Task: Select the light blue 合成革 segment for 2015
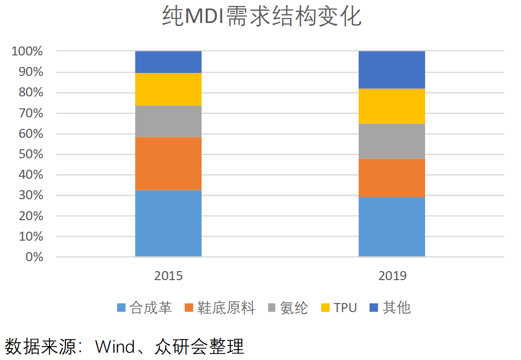[168, 223]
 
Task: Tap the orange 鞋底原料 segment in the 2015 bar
[168, 163]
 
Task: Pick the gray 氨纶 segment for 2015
[168, 121]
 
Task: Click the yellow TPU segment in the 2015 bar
[168, 89]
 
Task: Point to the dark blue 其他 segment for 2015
[168, 62]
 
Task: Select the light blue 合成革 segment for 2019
[392, 227]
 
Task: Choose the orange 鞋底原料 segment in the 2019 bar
[392, 178]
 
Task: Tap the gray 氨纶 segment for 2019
[392, 141]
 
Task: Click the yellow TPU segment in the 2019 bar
[392, 106]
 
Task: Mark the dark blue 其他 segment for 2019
[392, 70]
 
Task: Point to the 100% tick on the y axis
[28, 51]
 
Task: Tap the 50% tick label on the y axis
[31, 154]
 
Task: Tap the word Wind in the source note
[115, 346]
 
